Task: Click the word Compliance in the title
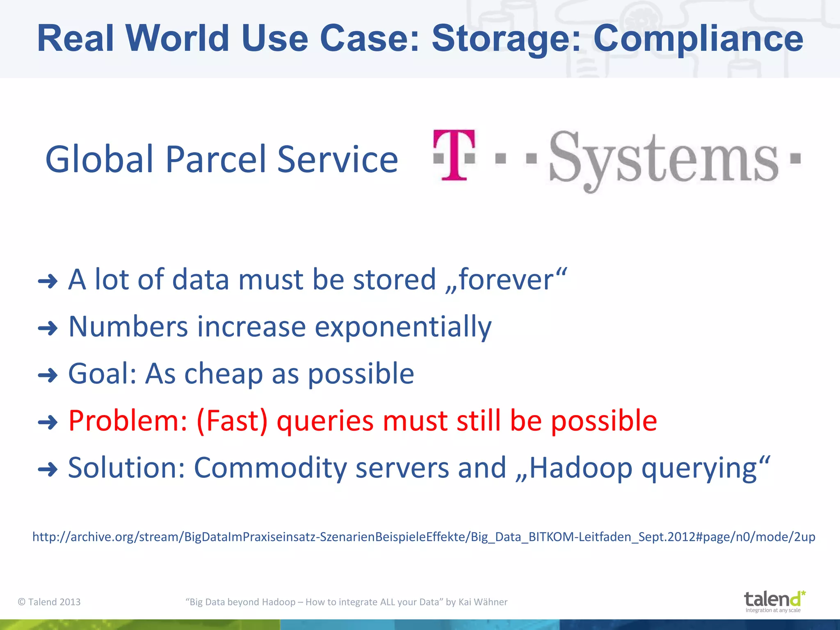click(x=698, y=39)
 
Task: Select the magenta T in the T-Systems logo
click(x=454, y=155)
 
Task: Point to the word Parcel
click(x=217, y=159)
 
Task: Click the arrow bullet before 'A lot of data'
click(x=48, y=281)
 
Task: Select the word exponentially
click(x=403, y=327)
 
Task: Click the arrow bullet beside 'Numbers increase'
click(x=48, y=328)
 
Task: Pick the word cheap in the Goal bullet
click(x=224, y=374)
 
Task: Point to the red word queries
click(x=325, y=421)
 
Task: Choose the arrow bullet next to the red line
click(x=48, y=422)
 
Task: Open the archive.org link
click(x=424, y=537)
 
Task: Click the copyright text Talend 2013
click(x=50, y=602)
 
